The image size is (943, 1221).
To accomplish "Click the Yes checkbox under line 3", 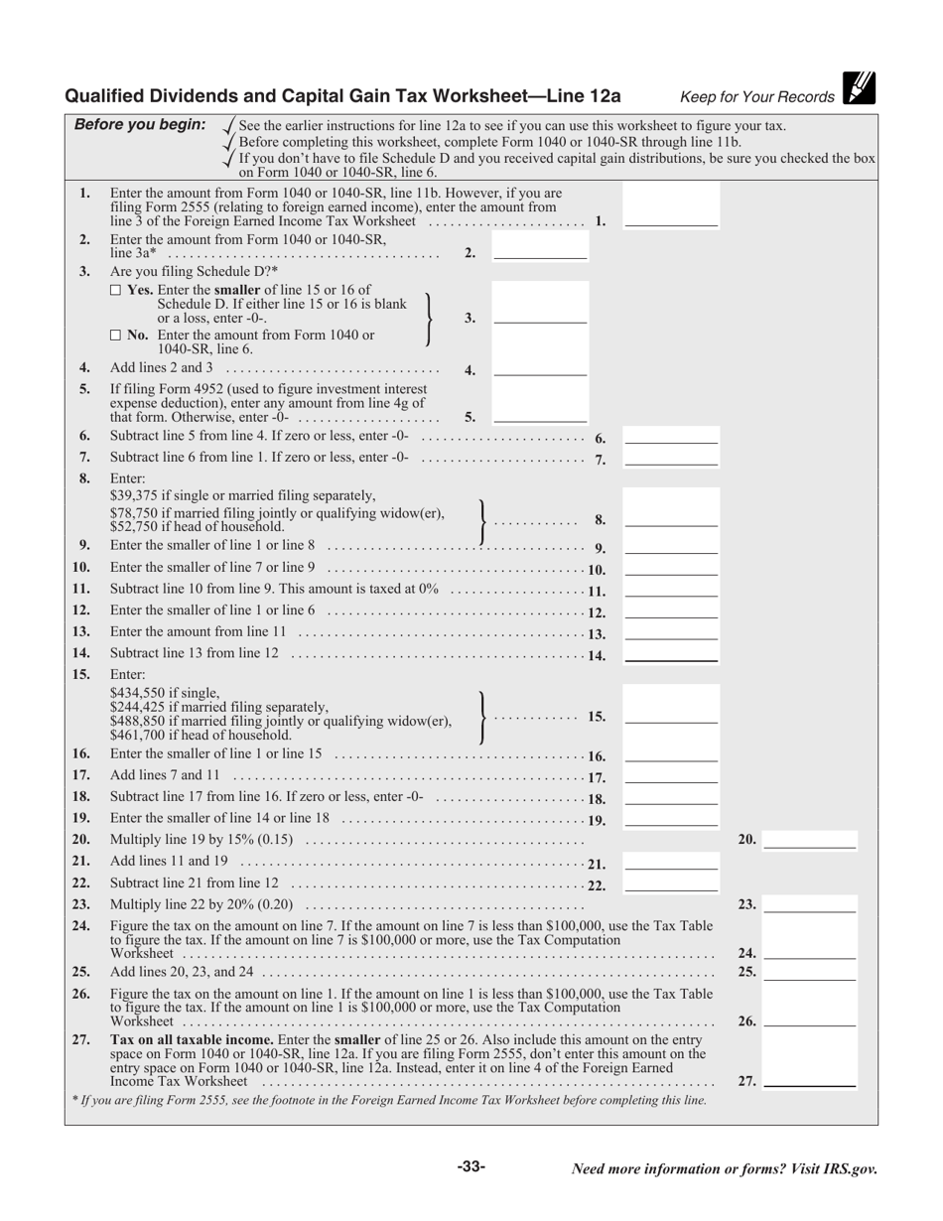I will [x=115, y=290].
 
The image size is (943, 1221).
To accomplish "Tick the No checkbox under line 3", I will [x=115, y=336].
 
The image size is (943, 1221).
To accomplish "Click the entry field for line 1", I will [x=670, y=218].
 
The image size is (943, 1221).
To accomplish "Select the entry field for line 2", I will [x=540, y=251].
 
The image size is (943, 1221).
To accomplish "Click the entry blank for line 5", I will [x=540, y=415].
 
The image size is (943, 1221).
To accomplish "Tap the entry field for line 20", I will [x=809, y=840].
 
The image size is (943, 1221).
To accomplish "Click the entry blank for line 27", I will [x=809, y=1080].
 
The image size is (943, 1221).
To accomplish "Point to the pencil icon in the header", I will [x=859, y=88].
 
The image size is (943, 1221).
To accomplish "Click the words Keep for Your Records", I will [x=756, y=97].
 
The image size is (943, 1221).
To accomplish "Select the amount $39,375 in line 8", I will [x=136, y=495].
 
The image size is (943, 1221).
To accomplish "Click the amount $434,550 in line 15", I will [x=139, y=693].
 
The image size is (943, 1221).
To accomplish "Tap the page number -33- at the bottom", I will [x=471, y=1167].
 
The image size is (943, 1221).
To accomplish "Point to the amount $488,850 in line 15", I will [x=139, y=722].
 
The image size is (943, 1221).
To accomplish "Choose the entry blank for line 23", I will [x=809, y=904].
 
